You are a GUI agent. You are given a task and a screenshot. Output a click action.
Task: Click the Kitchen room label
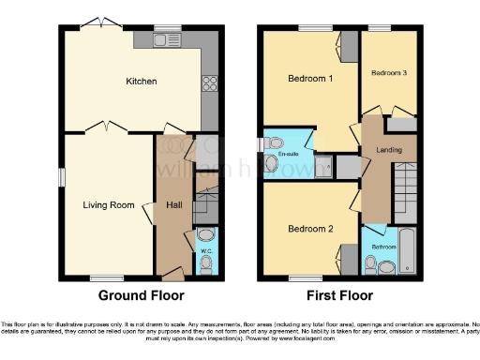tap(142, 82)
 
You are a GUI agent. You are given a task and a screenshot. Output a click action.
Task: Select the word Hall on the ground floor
tap(172, 205)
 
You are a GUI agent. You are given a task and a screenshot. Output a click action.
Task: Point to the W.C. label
tap(206, 252)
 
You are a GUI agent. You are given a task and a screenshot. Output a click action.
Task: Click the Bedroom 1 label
tap(310, 79)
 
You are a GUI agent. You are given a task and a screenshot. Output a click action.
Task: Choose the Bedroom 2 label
tap(310, 229)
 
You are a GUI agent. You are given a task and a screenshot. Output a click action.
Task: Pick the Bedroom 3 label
tap(388, 72)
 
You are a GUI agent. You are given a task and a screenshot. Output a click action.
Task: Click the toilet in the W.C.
tap(207, 235)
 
